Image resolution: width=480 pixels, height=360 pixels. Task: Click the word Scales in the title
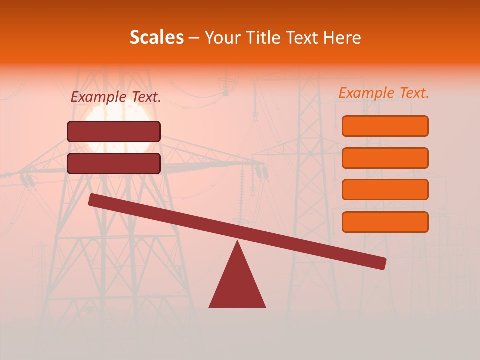click(156, 38)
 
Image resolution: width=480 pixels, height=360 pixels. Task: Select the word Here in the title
click(342, 38)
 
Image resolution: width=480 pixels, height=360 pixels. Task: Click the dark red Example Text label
click(116, 97)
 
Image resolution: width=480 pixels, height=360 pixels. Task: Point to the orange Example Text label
click(384, 93)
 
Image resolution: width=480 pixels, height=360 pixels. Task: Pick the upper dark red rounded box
click(114, 131)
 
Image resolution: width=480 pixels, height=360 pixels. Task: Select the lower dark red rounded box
click(114, 163)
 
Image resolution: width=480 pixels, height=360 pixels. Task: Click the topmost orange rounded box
click(385, 126)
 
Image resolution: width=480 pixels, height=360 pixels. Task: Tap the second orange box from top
click(385, 158)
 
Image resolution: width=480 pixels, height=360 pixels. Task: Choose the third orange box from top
click(385, 190)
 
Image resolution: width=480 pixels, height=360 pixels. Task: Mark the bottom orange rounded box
click(385, 222)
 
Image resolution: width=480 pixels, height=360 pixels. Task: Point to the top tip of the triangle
click(237, 242)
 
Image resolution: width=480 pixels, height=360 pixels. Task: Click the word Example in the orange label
click(366, 93)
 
